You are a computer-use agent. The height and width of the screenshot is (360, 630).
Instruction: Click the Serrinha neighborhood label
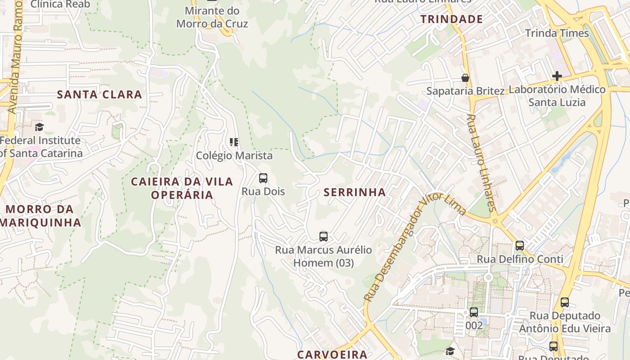point(355,193)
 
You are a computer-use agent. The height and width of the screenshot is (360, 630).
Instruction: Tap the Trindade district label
point(451,19)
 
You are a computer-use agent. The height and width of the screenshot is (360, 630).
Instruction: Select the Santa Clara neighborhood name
point(99,94)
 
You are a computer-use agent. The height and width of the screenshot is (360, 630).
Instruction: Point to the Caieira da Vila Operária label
point(182,188)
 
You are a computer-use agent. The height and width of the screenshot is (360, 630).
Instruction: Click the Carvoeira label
point(332,354)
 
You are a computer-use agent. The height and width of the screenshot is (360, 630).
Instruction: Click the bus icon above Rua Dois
point(263,178)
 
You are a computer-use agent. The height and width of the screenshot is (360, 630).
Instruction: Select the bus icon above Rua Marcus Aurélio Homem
point(323,237)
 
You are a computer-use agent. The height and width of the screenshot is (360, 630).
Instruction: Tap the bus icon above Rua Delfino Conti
point(520,246)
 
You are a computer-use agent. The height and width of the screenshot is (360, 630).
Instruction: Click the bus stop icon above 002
point(474,312)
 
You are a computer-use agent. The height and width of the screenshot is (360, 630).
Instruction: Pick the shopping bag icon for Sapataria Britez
point(465,78)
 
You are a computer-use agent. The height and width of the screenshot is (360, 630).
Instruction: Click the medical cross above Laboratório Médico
point(557,76)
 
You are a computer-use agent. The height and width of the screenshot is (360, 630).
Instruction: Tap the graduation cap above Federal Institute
point(40,127)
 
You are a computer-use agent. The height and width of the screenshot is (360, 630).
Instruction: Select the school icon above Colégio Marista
point(234,143)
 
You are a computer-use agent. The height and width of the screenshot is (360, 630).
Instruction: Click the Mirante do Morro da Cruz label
point(212,17)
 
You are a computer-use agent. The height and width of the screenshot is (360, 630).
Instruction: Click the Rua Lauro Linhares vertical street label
point(481,163)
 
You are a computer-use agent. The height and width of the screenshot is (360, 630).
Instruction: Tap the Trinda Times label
point(557,33)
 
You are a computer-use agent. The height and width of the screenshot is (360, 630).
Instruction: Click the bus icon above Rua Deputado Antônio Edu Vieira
point(565,302)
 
